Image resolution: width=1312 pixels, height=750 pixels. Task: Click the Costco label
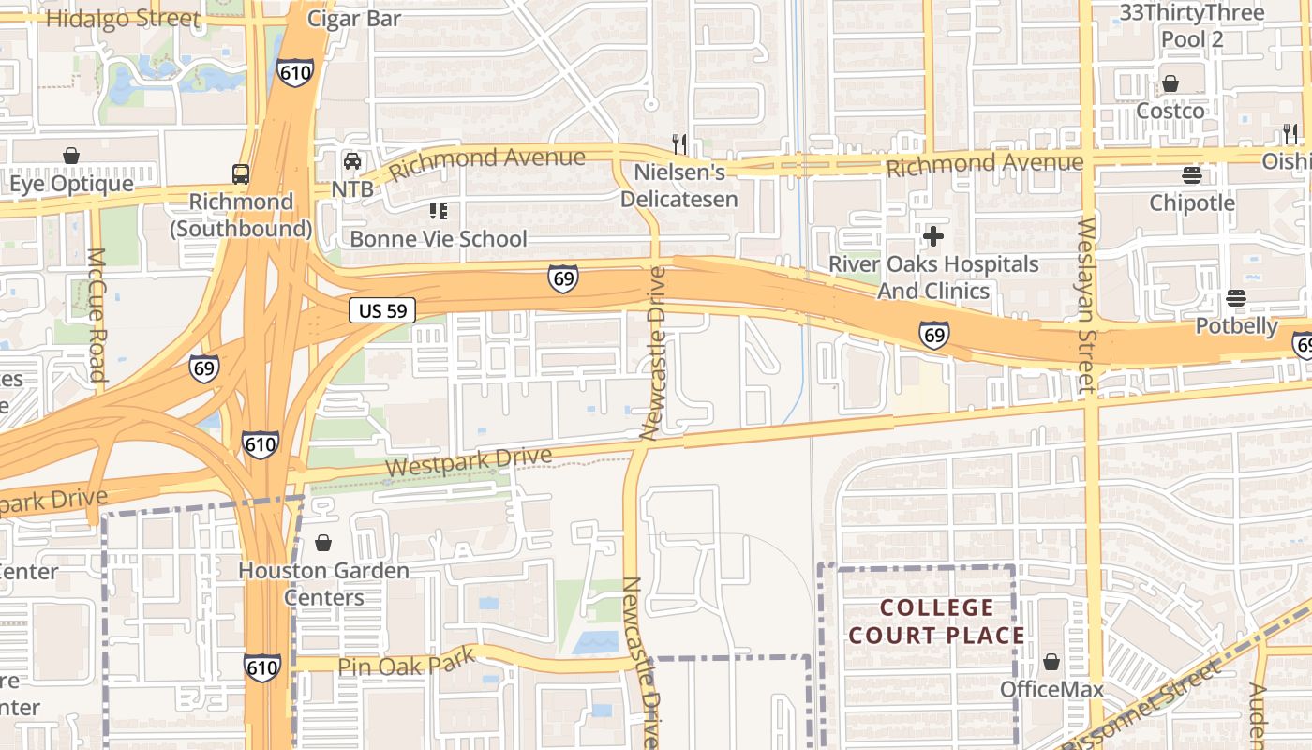point(1170,111)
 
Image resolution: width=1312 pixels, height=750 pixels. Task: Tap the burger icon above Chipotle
point(1192,175)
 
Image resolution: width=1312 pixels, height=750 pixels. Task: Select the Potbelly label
point(1236,326)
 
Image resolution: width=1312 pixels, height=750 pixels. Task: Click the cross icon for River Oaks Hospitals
point(933,235)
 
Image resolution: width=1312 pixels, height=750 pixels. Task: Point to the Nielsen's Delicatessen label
point(679,186)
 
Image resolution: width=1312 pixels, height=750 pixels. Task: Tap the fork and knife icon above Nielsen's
point(680,143)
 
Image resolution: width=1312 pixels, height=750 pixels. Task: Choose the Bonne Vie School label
point(439,239)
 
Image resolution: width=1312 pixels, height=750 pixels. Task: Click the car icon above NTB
point(352,161)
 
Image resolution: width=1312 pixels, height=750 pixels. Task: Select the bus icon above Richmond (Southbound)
point(241,173)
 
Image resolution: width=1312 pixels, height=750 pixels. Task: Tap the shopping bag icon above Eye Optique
point(71,156)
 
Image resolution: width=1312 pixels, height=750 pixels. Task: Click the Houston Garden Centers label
point(323,583)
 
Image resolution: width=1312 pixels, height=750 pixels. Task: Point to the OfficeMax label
point(1051,690)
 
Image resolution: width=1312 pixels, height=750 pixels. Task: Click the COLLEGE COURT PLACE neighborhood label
point(936,622)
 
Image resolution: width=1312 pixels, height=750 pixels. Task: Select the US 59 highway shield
point(382,310)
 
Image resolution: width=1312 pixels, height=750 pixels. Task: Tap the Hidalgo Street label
point(123,19)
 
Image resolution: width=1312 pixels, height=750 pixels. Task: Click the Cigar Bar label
point(354,19)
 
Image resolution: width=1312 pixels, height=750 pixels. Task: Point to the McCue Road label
point(97,314)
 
